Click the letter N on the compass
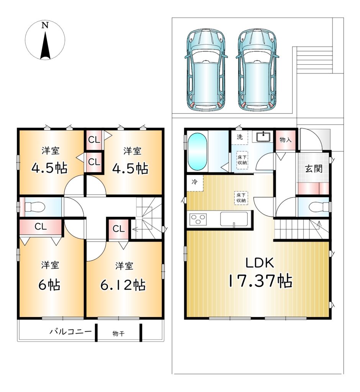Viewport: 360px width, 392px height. point(45,25)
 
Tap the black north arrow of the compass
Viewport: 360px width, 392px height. point(45,45)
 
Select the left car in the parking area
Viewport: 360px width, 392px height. point(206,70)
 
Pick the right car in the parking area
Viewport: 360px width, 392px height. point(257,70)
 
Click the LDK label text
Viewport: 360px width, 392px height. point(259,263)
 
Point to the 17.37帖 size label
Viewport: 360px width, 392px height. point(260,281)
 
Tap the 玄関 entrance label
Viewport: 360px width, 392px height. point(313,169)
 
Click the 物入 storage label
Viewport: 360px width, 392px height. point(285,139)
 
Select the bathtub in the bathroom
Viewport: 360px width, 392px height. point(197,151)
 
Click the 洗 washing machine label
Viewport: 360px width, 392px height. point(240,137)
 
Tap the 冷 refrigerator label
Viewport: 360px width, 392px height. point(194,182)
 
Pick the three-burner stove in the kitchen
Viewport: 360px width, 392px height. point(198,219)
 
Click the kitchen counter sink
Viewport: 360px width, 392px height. point(234,219)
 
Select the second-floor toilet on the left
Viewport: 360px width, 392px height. point(35,207)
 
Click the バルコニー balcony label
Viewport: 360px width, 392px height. point(70,332)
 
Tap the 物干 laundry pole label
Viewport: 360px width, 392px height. point(118,333)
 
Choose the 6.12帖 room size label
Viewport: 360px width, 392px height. point(123,284)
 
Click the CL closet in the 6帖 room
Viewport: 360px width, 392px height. point(41,227)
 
